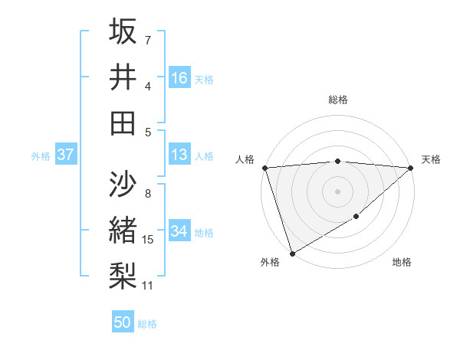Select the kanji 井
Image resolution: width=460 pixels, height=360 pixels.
123,77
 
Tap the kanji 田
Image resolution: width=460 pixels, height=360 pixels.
123,123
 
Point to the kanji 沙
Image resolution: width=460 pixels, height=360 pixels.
123,185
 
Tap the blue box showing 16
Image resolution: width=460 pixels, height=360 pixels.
179,78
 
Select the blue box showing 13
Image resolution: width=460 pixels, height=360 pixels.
179,155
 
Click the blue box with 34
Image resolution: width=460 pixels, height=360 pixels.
179,232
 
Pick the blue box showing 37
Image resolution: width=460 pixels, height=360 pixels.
66,155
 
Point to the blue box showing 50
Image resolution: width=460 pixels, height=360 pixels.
123,322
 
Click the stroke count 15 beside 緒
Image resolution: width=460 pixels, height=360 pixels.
148,240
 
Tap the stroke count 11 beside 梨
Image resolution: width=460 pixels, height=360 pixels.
148,286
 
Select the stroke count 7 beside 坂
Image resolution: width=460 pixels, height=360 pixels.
148,40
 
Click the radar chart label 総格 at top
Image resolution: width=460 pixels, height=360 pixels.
338,100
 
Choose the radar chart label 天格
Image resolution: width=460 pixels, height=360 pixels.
431,159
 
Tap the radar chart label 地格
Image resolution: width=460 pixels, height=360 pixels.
402,262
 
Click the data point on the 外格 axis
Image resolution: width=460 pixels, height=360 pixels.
292,253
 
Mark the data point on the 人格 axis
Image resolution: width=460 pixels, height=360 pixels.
264,167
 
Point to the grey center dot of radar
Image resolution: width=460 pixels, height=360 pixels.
337,191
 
